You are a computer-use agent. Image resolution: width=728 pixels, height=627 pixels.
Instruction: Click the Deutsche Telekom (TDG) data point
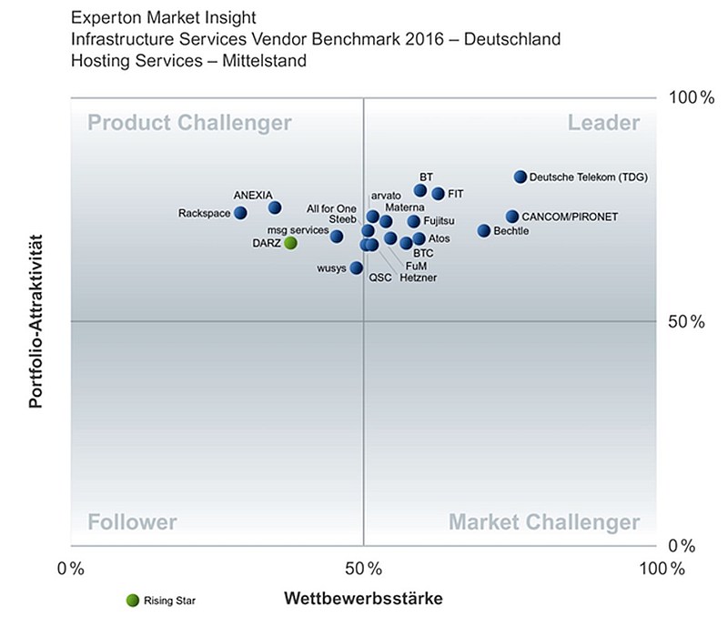coord(521,177)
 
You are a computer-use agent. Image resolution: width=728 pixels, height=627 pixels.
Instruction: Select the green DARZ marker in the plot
coord(290,242)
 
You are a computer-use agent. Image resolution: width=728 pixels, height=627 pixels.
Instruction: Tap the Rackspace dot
coord(240,213)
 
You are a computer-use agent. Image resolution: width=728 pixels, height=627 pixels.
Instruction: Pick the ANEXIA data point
coord(275,207)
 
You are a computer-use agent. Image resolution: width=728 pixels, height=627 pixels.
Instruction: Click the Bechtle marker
coord(484,230)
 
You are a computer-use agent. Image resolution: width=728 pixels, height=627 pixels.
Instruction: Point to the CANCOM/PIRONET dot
coord(512,216)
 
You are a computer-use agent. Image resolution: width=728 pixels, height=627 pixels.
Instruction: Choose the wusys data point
coord(356,268)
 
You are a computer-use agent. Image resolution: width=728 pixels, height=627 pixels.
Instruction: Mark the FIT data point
coord(438,193)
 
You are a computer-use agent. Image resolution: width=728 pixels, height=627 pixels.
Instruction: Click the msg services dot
coord(337,237)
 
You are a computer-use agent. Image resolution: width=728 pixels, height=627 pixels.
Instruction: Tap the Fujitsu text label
coord(439,221)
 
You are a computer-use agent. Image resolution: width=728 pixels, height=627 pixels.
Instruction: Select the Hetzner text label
coord(419,278)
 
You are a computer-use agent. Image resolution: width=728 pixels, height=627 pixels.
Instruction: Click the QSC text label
coord(380,278)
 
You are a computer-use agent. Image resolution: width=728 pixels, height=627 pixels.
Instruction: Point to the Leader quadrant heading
coord(603,123)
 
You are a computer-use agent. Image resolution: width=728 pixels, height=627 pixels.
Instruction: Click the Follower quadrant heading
coord(132,522)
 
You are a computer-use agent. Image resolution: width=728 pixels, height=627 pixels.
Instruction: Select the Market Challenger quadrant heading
coord(544,522)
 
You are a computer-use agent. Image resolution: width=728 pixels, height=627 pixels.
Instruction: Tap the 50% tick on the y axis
coord(686,321)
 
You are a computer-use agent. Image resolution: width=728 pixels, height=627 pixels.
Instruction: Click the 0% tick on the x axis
coord(71,569)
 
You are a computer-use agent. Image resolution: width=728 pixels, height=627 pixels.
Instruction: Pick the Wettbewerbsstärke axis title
coord(363,598)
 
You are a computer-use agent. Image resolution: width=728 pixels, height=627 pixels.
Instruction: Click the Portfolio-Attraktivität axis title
coord(35,321)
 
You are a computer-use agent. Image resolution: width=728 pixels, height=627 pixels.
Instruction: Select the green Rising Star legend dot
coord(133,601)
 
